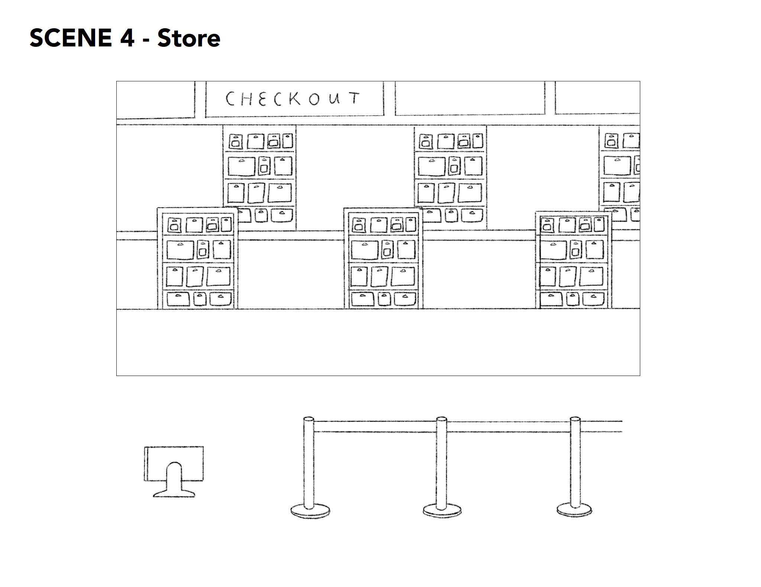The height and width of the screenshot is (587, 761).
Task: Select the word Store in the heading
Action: [x=189, y=38]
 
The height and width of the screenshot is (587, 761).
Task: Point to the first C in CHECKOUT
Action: [x=230, y=99]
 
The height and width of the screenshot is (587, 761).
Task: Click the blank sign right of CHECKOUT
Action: [x=470, y=98]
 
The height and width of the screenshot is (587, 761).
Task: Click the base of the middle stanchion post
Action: [x=442, y=510]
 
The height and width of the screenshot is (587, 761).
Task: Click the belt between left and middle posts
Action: [x=375, y=427]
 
